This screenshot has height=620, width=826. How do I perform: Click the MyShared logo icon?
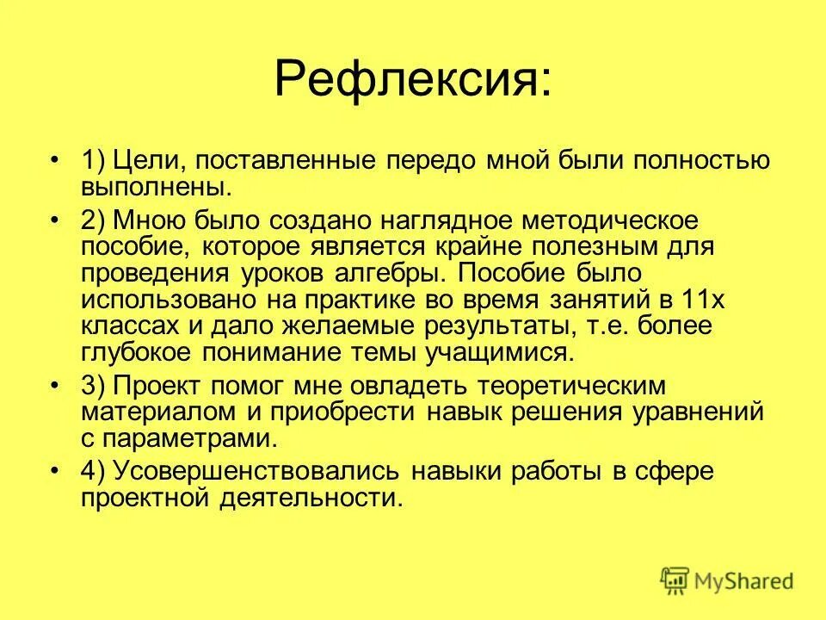[675, 580]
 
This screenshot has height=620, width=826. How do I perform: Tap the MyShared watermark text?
[744, 581]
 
